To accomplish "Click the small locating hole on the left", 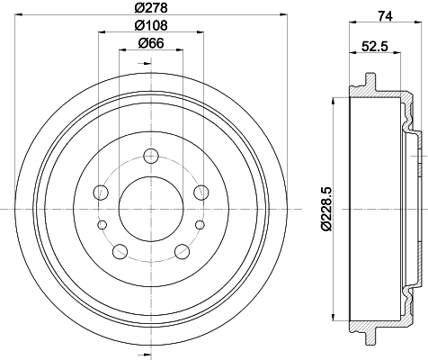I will pyautogui.click(x=102, y=224).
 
